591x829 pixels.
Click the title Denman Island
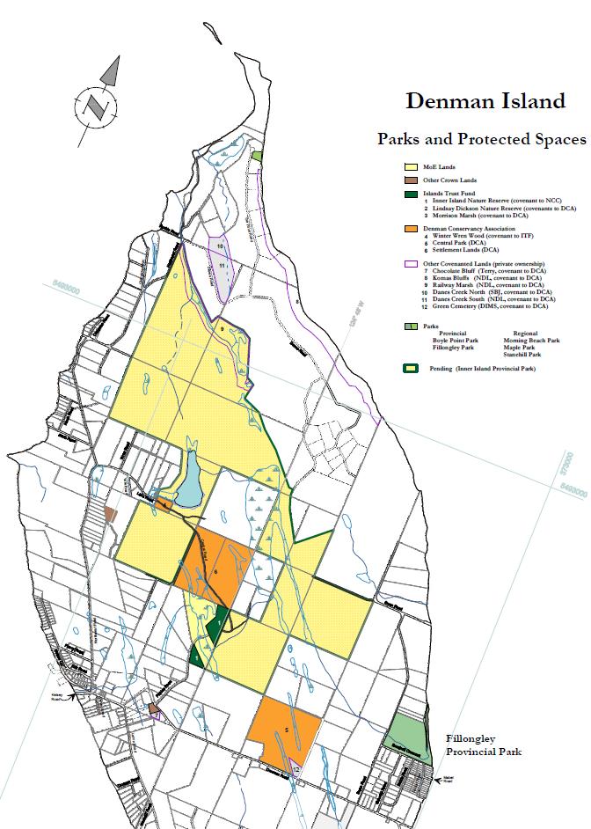pyautogui.click(x=485, y=101)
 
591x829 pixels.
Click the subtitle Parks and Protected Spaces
pyautogui.click(x=481, y=139)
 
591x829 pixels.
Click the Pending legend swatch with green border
pyautogui.click(x=411, y=368)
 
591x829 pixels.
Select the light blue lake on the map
pyautogui.click(x=190, y=480)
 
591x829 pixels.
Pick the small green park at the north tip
pyautogui.click(x=256, y=156)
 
